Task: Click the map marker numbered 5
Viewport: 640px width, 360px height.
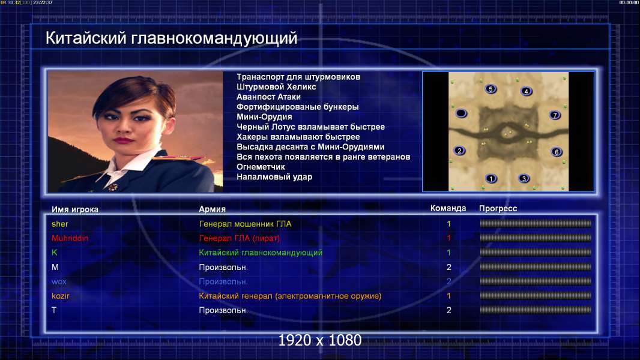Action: point(491,89)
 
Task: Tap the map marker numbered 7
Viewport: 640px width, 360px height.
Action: point(555,115)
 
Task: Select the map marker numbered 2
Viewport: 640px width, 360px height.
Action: point(459,151)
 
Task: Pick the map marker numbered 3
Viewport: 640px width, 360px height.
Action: point(524,178)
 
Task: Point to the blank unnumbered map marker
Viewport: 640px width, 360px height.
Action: point(461,113)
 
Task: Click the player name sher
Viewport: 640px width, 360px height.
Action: point(59,224)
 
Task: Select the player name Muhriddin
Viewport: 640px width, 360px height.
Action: point(70,238)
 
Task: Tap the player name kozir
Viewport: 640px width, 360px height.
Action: point(61,296)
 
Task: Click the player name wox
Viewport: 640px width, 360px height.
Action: point(59,281)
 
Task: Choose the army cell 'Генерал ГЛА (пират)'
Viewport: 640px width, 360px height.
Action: point(240,238)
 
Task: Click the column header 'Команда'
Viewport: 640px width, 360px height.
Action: point(448,208)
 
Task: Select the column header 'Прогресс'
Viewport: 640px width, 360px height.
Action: point(498,208)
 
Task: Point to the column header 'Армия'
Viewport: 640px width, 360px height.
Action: point(213,209)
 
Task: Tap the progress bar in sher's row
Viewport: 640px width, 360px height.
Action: point(536,223)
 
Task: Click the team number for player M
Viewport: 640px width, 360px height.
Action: point(449,267)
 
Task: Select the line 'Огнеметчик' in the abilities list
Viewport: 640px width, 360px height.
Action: point(261,167)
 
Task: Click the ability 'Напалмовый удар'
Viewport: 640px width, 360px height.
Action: point(274,177)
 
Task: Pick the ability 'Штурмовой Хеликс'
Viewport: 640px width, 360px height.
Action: point(276,87)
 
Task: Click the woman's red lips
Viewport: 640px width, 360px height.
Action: point(124,140)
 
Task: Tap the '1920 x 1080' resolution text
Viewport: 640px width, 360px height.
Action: point(320,340)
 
